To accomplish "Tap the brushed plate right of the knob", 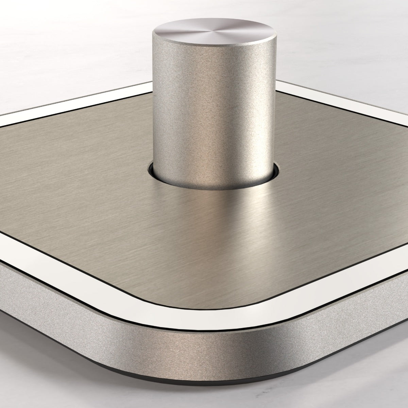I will [323, 170].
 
